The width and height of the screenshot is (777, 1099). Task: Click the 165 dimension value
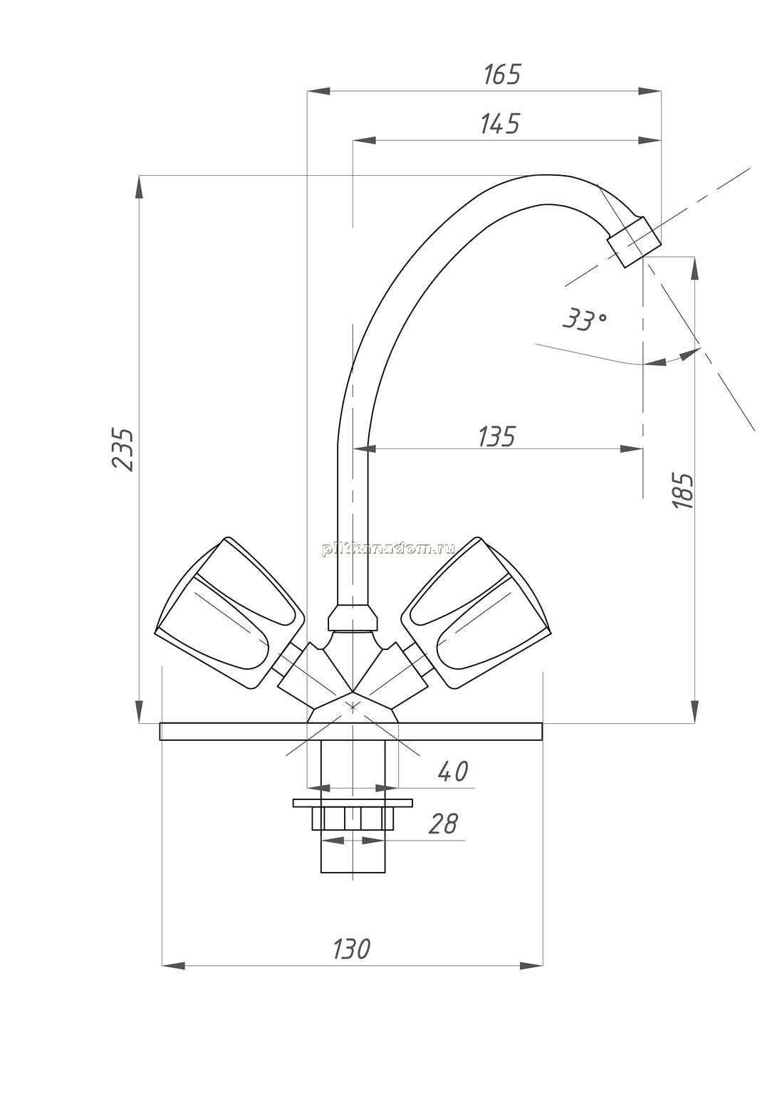pyautogui.click(x=501, y=74)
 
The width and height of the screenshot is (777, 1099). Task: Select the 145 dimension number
pyautogui.click(x=499, y=124)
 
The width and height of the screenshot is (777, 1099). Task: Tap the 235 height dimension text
pyautogui.click(x=123, y=450)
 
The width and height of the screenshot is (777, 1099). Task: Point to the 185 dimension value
pyautogui.click(x=683, y=490)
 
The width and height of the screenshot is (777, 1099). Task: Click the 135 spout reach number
pyautogui.click(x=496, y=436)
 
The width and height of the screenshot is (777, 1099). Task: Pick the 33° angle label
pyautogui.click(x=584, y=320)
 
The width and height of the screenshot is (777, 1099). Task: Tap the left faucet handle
pyautogui.click(x=228, y=614)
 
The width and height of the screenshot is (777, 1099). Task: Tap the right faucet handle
pyautogui.click(x=475, y=614)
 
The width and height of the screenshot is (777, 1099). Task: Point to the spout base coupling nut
pyautogui.click(x=353, y=619)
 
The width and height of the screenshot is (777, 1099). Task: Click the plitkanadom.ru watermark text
pyautogui.click(x=388, y=549)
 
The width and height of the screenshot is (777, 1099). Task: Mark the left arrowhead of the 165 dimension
pyautogui.click(x=318, y=91)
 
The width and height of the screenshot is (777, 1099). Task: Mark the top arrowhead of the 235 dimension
pyautogui.click(x=140, y=187)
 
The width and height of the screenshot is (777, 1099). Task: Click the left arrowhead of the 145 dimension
pyautogui.click(x=364, y=141)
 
